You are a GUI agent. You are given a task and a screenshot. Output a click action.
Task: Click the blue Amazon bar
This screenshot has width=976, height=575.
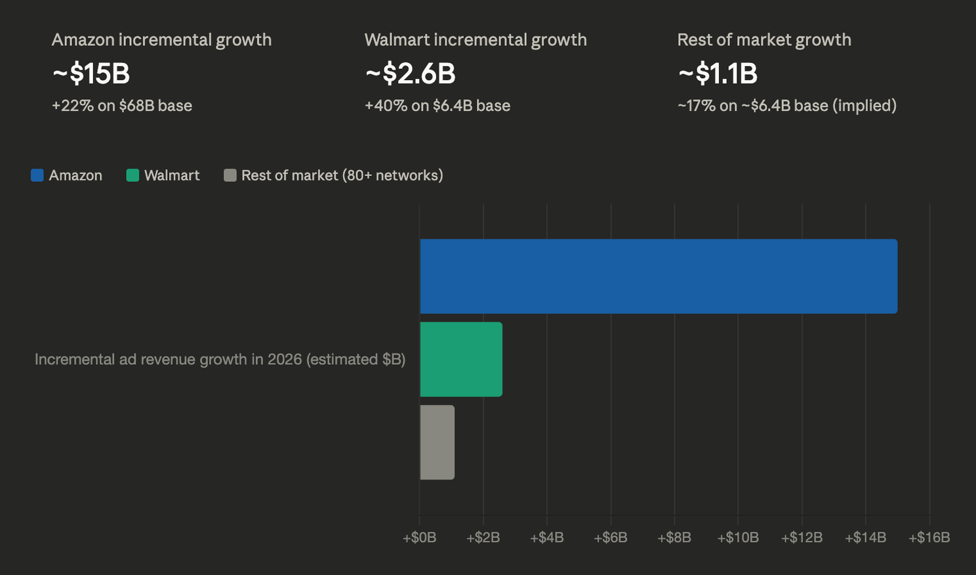tap(659, 276)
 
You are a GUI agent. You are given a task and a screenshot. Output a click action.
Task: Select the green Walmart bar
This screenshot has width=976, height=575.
tap(461, 359)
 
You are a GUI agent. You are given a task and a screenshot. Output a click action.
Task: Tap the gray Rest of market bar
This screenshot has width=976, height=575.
tap(437, 442)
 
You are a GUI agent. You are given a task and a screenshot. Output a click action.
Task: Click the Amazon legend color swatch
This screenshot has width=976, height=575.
tap(37, 175)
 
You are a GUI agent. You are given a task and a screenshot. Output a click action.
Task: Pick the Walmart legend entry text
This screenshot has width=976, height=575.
tap(172, 175)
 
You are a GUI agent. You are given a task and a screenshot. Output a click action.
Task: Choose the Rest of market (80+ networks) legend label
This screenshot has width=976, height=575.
tap(342, 175)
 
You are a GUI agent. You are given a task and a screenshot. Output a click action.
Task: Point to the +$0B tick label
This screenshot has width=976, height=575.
tap(419, 538)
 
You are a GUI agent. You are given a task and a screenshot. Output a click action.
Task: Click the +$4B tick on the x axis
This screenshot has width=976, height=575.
tap(546, 538)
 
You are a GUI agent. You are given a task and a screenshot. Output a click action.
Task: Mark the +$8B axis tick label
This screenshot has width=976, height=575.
tap(674, 538)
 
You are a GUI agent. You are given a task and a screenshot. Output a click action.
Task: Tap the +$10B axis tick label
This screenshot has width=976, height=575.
tap(738, 538)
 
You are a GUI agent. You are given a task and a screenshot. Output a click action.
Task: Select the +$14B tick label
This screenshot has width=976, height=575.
tap(865, 538)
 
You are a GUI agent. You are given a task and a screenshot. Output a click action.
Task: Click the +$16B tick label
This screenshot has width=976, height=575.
tap(929, 538)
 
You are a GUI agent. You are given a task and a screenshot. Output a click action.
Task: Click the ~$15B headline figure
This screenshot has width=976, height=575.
tap(91, 74)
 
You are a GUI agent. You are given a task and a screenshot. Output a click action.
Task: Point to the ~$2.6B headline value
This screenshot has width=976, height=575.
tap(410, 74)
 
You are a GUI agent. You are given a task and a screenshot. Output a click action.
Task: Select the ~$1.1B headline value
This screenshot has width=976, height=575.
tap(718, 74)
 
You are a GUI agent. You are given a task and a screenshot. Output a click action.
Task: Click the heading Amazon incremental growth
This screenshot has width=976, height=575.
tap(161, 40)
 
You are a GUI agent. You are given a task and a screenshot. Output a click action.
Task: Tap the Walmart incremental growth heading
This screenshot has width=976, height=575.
tap(476, 40)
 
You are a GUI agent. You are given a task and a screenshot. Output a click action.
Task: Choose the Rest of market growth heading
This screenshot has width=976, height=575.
tap(764, 40)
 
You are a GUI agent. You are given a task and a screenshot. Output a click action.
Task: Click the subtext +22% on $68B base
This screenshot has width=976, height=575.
tap(122, 106)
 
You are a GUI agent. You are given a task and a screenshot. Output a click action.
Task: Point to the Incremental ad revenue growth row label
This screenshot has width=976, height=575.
tap(220, 359)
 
